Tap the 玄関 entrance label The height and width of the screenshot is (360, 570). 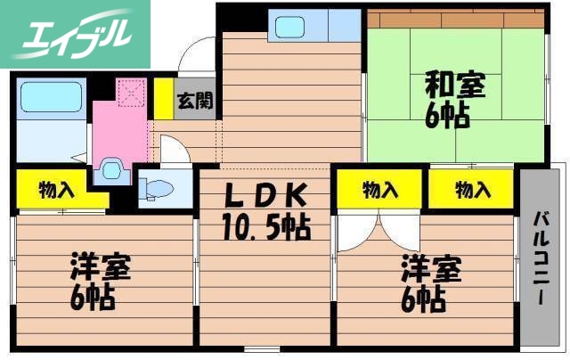(193, 100)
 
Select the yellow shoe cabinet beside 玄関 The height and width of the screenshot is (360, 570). (164, 100)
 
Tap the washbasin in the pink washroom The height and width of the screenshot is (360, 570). (111, 168)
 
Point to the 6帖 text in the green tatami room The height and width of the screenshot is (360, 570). (445, 116)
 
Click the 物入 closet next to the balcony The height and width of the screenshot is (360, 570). (472, 189)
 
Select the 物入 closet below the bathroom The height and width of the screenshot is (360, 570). (49, 189)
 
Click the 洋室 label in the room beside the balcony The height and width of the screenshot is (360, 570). (431, 267)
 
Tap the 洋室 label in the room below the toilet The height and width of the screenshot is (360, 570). (101, 267)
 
